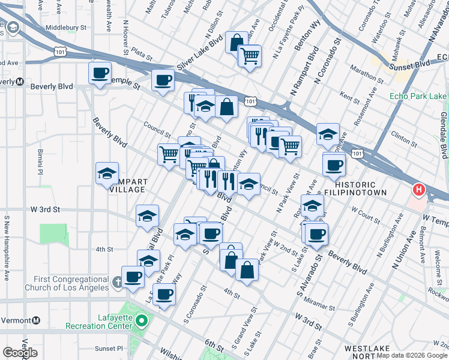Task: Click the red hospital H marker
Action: tap(418, 191)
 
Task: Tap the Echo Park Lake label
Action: tap(418, 96)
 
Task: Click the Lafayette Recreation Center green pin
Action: tap(141, 320)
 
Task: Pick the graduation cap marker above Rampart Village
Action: tap(107, 174)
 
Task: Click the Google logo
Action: tap(20, 352)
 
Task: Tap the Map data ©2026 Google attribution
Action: tap(412, 355)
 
